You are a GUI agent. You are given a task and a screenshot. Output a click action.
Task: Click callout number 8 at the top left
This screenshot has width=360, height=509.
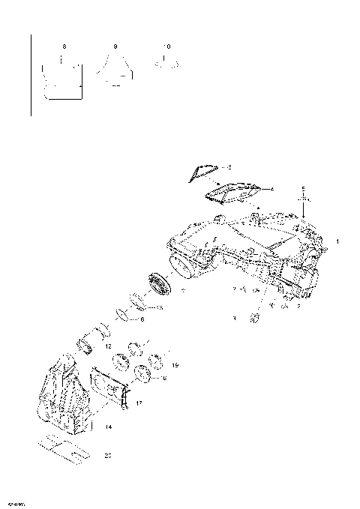64,46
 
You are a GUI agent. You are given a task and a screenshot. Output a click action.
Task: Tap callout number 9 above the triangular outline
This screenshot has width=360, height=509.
115,46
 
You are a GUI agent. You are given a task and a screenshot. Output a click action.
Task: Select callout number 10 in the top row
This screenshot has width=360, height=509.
166,46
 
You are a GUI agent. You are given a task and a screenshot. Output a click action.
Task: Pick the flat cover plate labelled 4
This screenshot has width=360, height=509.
232,193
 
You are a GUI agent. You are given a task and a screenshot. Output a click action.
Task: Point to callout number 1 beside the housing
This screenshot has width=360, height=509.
337,241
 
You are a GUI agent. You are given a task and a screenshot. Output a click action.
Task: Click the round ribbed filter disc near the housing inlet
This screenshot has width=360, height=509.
160,286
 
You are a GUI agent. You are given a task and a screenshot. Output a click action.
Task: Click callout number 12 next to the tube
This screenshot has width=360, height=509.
108,346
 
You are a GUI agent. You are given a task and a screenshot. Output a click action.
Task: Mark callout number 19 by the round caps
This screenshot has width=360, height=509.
175,365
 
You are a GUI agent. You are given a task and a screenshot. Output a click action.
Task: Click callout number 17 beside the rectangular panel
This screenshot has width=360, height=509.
139,403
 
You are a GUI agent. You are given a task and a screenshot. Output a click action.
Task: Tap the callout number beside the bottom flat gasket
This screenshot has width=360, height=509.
107,455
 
